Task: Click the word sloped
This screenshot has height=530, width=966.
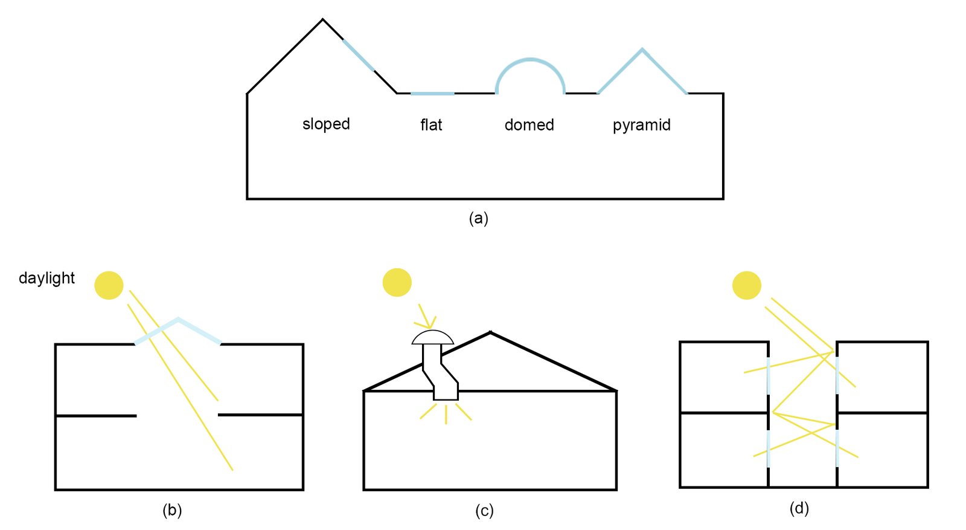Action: pos(326,124)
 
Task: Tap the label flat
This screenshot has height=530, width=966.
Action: pos(431,124)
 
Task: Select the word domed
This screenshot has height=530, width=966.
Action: pos(529,124)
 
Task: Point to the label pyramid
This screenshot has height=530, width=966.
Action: pos(641,125)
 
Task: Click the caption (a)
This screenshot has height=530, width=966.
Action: pos(478,218)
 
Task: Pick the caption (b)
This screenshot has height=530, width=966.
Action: pos(172,510)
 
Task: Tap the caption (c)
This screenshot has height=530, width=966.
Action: pos(484,511)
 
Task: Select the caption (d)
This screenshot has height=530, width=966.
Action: pos(799,508)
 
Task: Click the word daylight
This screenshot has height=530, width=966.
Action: pos(46,278)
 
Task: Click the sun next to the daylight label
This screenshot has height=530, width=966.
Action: pos(109,285)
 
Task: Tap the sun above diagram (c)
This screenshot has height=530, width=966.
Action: pos(397,282)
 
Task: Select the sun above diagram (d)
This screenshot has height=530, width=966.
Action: pos(746,285)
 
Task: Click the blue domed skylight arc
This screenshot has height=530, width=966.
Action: pos(530,60)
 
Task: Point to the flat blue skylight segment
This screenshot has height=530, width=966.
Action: pos(432,94)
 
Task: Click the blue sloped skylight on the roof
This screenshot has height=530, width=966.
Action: pos(359,56)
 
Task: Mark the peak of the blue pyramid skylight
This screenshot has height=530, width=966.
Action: pos(642,50)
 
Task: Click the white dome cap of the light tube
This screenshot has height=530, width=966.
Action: pos(432,338)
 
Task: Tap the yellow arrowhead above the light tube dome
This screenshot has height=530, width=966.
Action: pos(430,324)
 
